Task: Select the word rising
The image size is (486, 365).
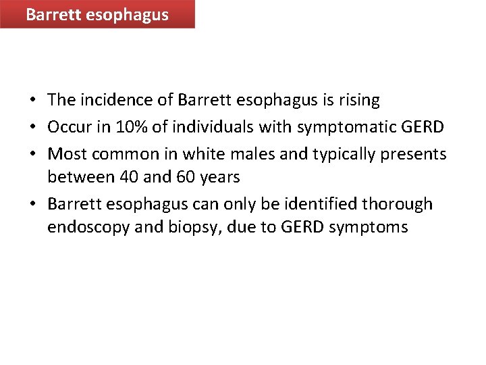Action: click(358, 100)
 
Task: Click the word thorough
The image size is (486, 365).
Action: click(407, 204)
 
